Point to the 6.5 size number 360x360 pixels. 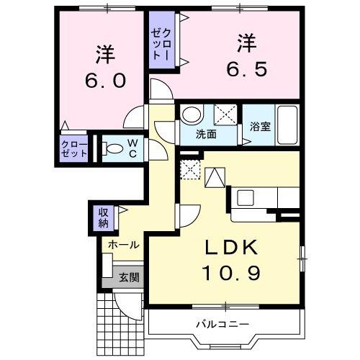(x=248, y=70)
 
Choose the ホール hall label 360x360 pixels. (x=123, y=245)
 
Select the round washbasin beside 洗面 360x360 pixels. (x=191, y=114)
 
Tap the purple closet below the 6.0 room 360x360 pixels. (x=73, y=150)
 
